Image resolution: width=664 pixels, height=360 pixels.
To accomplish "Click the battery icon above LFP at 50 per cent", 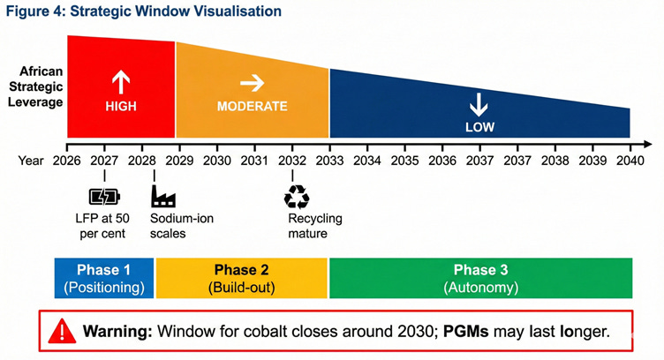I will click(102, 197).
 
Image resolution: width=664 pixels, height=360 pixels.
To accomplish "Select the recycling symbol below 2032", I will click(293, 196).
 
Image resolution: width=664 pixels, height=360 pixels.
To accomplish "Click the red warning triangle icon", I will click(62, 332).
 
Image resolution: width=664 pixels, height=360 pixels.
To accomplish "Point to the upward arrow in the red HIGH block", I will click(121, 82).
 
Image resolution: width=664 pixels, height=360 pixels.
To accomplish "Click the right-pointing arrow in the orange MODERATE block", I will click(253, 83).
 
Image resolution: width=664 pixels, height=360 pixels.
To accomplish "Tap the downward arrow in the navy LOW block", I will click(479, 105).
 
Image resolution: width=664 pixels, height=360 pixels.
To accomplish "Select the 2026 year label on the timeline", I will click(66, 161).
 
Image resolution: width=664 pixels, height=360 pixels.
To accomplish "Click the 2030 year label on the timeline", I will click(216, 161).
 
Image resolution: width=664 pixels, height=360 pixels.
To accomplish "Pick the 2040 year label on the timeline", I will click(630, 161).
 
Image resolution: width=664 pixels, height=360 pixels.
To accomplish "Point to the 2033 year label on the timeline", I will click(329, 161).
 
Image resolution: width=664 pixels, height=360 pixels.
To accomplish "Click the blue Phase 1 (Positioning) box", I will click(104, 278).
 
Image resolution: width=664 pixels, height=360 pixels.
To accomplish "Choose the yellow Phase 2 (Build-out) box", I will click(241, 278).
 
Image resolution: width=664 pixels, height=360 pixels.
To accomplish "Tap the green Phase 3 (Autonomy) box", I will click(480, 278).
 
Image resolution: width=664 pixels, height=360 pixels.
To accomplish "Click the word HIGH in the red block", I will click(121, 106).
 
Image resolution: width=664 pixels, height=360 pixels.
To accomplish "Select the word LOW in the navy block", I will click(479, 127).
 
